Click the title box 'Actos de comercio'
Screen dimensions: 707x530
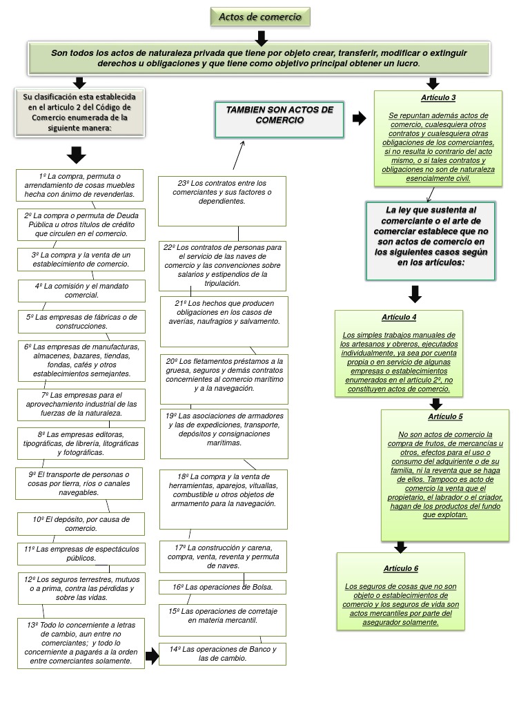[260, 17]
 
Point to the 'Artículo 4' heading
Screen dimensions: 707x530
[399, 317]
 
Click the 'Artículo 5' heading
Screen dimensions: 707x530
[445, 416]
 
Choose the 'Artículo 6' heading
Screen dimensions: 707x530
[401, 568]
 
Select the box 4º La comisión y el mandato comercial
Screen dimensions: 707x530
[81, 290]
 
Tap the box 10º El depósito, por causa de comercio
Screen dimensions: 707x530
[81, 523]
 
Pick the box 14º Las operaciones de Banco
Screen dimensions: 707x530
[222, 653]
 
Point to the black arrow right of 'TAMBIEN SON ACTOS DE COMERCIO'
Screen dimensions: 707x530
[359, 119]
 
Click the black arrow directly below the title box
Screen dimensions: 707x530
[260, 35]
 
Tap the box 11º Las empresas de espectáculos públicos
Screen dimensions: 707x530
[81, 553]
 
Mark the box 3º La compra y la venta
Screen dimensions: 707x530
[81, 259]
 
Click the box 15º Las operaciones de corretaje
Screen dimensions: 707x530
[222, 620]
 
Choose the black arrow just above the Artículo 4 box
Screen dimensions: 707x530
[415, 294]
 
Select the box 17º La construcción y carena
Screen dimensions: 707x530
[222, 556]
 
